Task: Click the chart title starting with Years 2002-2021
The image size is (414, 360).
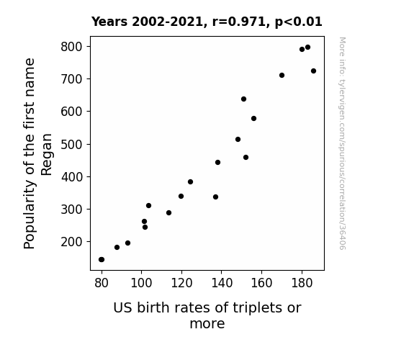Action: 207,22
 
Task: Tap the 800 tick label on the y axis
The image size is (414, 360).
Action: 71,47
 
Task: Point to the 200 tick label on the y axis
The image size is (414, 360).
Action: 71,242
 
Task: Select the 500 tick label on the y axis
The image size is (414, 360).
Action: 71,144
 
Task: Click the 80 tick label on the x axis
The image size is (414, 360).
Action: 102,283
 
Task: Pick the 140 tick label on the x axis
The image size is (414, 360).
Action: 222,283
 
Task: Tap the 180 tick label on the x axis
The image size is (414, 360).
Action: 302,283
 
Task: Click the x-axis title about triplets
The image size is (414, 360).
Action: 207,315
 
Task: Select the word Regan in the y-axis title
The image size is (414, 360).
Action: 47,155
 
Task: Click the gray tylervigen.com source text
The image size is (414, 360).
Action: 342,143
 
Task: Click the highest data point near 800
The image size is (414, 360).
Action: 307,48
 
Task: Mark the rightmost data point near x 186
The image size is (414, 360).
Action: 313,71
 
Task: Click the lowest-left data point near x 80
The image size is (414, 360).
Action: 101,259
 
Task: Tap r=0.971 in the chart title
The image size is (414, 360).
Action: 239,22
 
